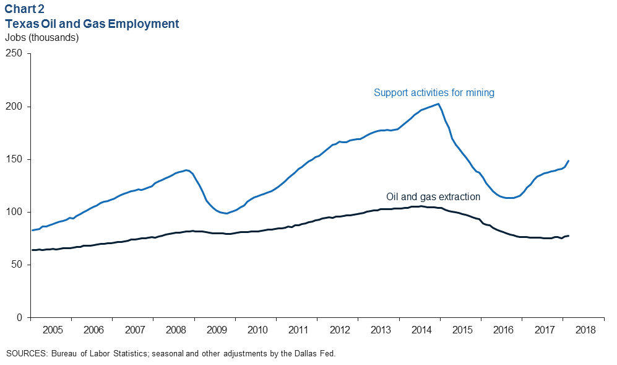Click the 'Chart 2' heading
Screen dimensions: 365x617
click(25, 10)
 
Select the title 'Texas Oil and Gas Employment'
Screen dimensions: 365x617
click(92, 24)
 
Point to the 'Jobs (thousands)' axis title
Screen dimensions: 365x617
click(41, 37)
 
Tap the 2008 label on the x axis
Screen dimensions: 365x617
click(175, 329)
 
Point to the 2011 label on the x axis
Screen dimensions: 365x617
click(297, 329)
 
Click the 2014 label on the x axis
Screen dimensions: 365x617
click(420, 329)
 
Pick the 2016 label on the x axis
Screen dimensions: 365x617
click(501, 329)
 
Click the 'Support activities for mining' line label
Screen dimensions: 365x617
click(434, 93)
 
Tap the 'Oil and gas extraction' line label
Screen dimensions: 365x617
click(433, 196)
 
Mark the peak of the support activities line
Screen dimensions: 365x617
click(438, 103)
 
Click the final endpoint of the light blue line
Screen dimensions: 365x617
click(569, 161)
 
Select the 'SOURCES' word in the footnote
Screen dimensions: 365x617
click(26, 354)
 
